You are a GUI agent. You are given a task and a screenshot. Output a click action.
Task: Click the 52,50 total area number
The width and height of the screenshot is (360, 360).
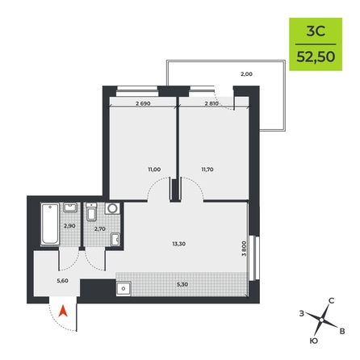(x=316, y=57)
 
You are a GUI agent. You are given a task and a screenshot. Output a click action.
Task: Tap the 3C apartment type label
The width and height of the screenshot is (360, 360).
(x=316, y=31)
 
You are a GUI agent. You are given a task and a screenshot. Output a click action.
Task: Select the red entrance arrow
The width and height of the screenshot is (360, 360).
(x=63, y=311)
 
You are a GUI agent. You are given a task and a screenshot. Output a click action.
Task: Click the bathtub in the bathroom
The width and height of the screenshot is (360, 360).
(x=50, y=224)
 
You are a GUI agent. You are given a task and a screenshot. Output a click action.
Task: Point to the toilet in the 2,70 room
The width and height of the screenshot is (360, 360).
(x=91, y=212)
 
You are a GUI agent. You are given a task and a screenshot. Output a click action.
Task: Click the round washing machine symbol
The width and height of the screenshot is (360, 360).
(x=112, y=208)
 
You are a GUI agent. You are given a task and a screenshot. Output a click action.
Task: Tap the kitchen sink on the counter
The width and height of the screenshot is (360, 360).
(x=123, y=289)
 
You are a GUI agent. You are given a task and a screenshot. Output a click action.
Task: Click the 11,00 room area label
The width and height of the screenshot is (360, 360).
(x=154, y=170)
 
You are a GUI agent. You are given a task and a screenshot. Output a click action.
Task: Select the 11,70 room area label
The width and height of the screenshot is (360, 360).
(x=207, y=170)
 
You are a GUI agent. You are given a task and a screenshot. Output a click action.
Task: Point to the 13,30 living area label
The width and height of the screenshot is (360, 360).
(x=179, y=244)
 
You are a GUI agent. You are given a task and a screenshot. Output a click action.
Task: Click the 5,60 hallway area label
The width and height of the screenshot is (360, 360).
(x=62, y=281)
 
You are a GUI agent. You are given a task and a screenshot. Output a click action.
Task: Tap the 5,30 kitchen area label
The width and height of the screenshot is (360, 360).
(x=182, y=284)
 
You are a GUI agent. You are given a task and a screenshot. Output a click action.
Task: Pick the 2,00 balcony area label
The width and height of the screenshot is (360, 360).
(x=246, y=74)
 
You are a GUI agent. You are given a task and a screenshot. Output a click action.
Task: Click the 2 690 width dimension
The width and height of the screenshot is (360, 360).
(x=143, y=103)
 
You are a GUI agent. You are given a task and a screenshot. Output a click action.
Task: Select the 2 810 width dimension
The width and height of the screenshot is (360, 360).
(x=211, y=103)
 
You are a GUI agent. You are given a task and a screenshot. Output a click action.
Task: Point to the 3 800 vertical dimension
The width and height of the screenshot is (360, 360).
(x=244, y=249)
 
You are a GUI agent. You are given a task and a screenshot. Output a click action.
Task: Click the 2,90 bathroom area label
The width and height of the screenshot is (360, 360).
(x=69, y=226)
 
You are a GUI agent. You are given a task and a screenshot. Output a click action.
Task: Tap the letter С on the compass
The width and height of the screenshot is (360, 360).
(x=332, y=301)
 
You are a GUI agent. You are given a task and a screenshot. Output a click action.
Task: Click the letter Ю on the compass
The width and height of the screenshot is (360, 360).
(x=314, y=341)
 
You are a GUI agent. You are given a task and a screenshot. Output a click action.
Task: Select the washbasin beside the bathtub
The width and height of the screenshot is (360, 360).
(x=70, y=207)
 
